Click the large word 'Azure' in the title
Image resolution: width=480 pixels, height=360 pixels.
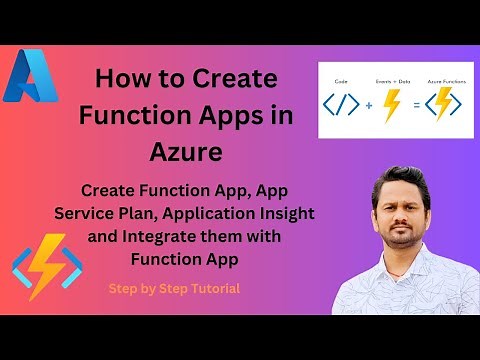click(184, 152)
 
